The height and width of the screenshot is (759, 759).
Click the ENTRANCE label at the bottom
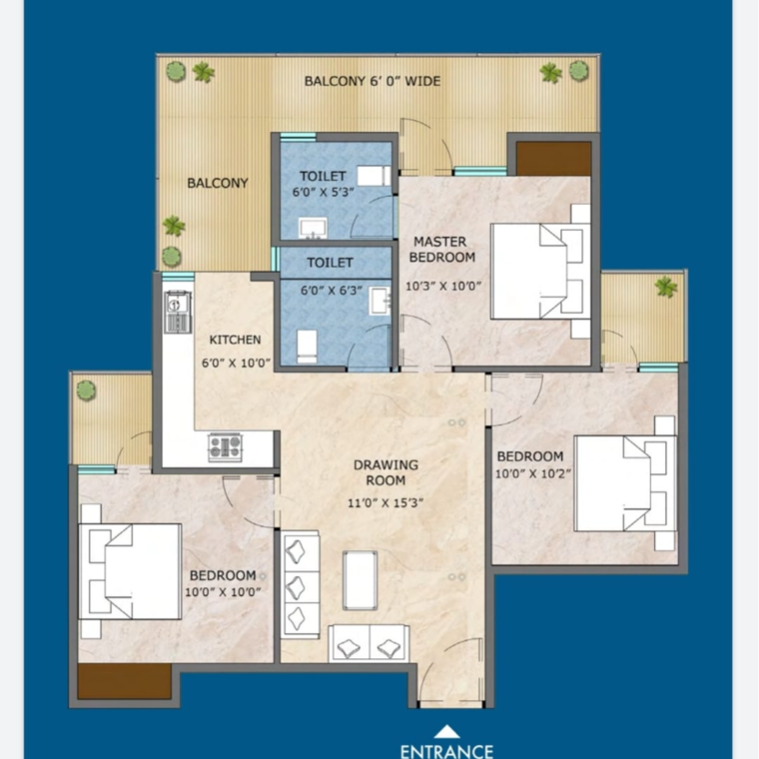pos(446,750)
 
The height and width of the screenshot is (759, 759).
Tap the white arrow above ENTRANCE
pos(446,731)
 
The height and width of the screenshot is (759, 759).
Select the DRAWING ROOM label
pos(386,472)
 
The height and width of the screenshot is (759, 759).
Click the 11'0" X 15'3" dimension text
pos(386,502)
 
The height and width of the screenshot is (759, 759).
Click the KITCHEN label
pos(235,340)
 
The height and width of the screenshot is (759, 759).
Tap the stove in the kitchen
pos(225,446)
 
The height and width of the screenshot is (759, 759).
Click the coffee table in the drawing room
pos(360,579)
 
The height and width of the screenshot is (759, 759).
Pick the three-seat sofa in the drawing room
pos(301,585)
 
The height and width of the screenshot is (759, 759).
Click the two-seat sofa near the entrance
pos(370,643)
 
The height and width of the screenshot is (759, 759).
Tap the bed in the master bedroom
pos(538,271)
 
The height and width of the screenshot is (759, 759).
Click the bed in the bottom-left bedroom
pos(132,571)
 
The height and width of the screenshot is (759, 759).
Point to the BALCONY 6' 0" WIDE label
pos(372,81)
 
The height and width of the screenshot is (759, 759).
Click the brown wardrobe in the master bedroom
pos(552,158)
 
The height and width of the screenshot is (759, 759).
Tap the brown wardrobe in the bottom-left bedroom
pos(124,681)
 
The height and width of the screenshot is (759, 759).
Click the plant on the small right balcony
pos(664,288)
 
